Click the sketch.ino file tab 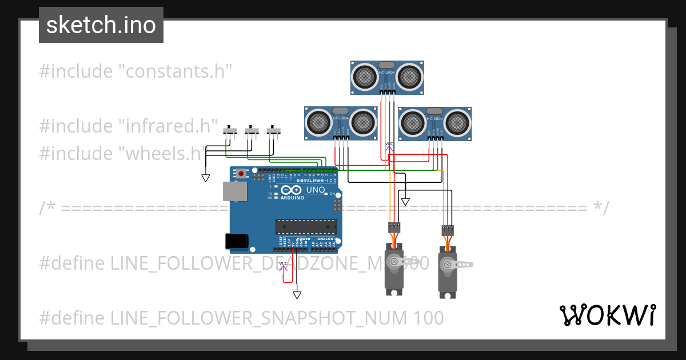[x=101, y=25]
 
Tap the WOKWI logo [x=607, y=315]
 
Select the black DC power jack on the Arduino [x=237, y=242]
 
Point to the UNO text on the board [x=316, y=190]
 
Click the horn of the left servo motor [x=394, y=262]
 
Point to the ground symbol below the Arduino [x=297, y=295]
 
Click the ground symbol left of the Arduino [x=206, y=178]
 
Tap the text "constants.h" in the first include [x=178, y=71]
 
